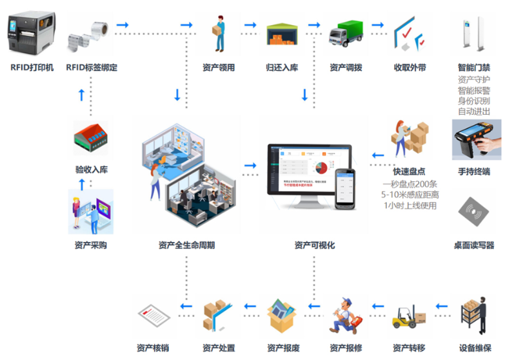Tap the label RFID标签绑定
[x=92, y=67]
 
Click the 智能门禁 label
[x=475, y=67]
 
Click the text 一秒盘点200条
[x=410, y=185]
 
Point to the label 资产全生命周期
[x=186, y=245]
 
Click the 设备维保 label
[x=475, y=348]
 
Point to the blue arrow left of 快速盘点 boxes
[x=379, y=155]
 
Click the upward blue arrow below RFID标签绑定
[x=81, y=95]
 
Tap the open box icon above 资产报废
[x=282, y=314]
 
